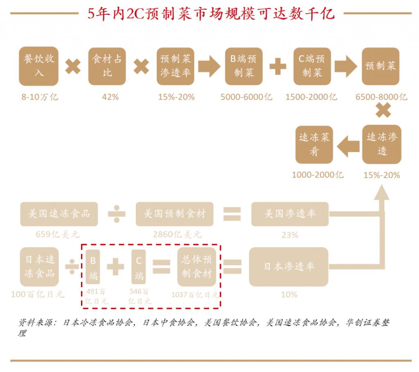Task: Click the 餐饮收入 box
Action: tap(39, 66)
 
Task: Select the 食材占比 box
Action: tap(107, 66)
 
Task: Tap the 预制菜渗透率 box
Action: tap(176, 66)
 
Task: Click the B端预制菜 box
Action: tap(244, 66)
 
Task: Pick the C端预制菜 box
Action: tap(312, 66)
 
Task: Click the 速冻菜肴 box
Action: tap(314, 144)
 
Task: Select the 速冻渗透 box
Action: tap(382, 144)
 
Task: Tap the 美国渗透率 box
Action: tap(290, 214)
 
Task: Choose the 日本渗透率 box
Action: tap(289, 267)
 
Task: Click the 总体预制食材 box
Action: tap(197, 267)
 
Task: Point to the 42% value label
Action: tap(110, 97)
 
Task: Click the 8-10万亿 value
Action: tap(40, 97)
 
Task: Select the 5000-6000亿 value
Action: tap(246, 97)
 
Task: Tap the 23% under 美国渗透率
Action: tap(290, 235)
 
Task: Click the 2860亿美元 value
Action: tap(177, 235)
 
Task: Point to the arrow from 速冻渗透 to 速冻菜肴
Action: tap(348, 146)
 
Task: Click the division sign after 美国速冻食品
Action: tap(117, 214)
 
